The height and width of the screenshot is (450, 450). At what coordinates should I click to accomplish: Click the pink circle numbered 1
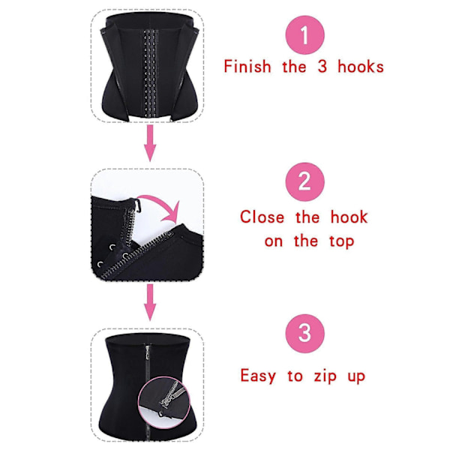pos(305,35)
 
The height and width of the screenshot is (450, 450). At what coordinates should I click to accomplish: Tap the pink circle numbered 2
pos(304,182)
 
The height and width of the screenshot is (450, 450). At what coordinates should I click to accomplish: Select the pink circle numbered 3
pos(304,333)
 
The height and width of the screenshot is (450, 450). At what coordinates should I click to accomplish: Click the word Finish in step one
pos(247,67)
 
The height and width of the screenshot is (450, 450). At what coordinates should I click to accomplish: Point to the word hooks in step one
pos(361,67)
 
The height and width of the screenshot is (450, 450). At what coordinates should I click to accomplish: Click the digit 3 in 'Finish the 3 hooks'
pos(322,67)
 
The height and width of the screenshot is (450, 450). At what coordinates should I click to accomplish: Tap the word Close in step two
pos(262,217)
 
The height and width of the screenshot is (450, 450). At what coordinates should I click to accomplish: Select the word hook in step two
pos(349,217)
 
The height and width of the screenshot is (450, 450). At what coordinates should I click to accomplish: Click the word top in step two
pos(342,241)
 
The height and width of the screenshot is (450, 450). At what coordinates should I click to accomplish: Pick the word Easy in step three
pos(258,376)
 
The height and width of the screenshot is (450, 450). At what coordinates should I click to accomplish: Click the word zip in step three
pos(325,376)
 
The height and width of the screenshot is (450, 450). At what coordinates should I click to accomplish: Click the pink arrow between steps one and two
pos(150,143)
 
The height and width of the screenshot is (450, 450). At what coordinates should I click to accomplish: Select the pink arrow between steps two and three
pos(150,302)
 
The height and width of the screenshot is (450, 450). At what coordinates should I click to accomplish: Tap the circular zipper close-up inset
pos(163,400)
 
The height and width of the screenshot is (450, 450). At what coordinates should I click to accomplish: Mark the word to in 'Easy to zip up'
pos(295,376)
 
